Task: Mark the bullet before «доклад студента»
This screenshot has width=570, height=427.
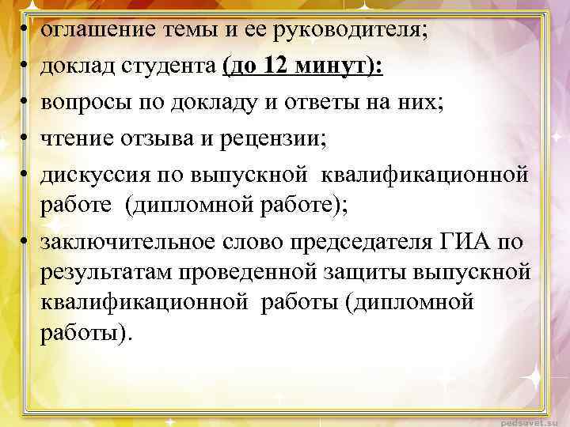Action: (x=25, y=68)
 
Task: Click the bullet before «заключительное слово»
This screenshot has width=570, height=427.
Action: (x=25, y=242)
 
